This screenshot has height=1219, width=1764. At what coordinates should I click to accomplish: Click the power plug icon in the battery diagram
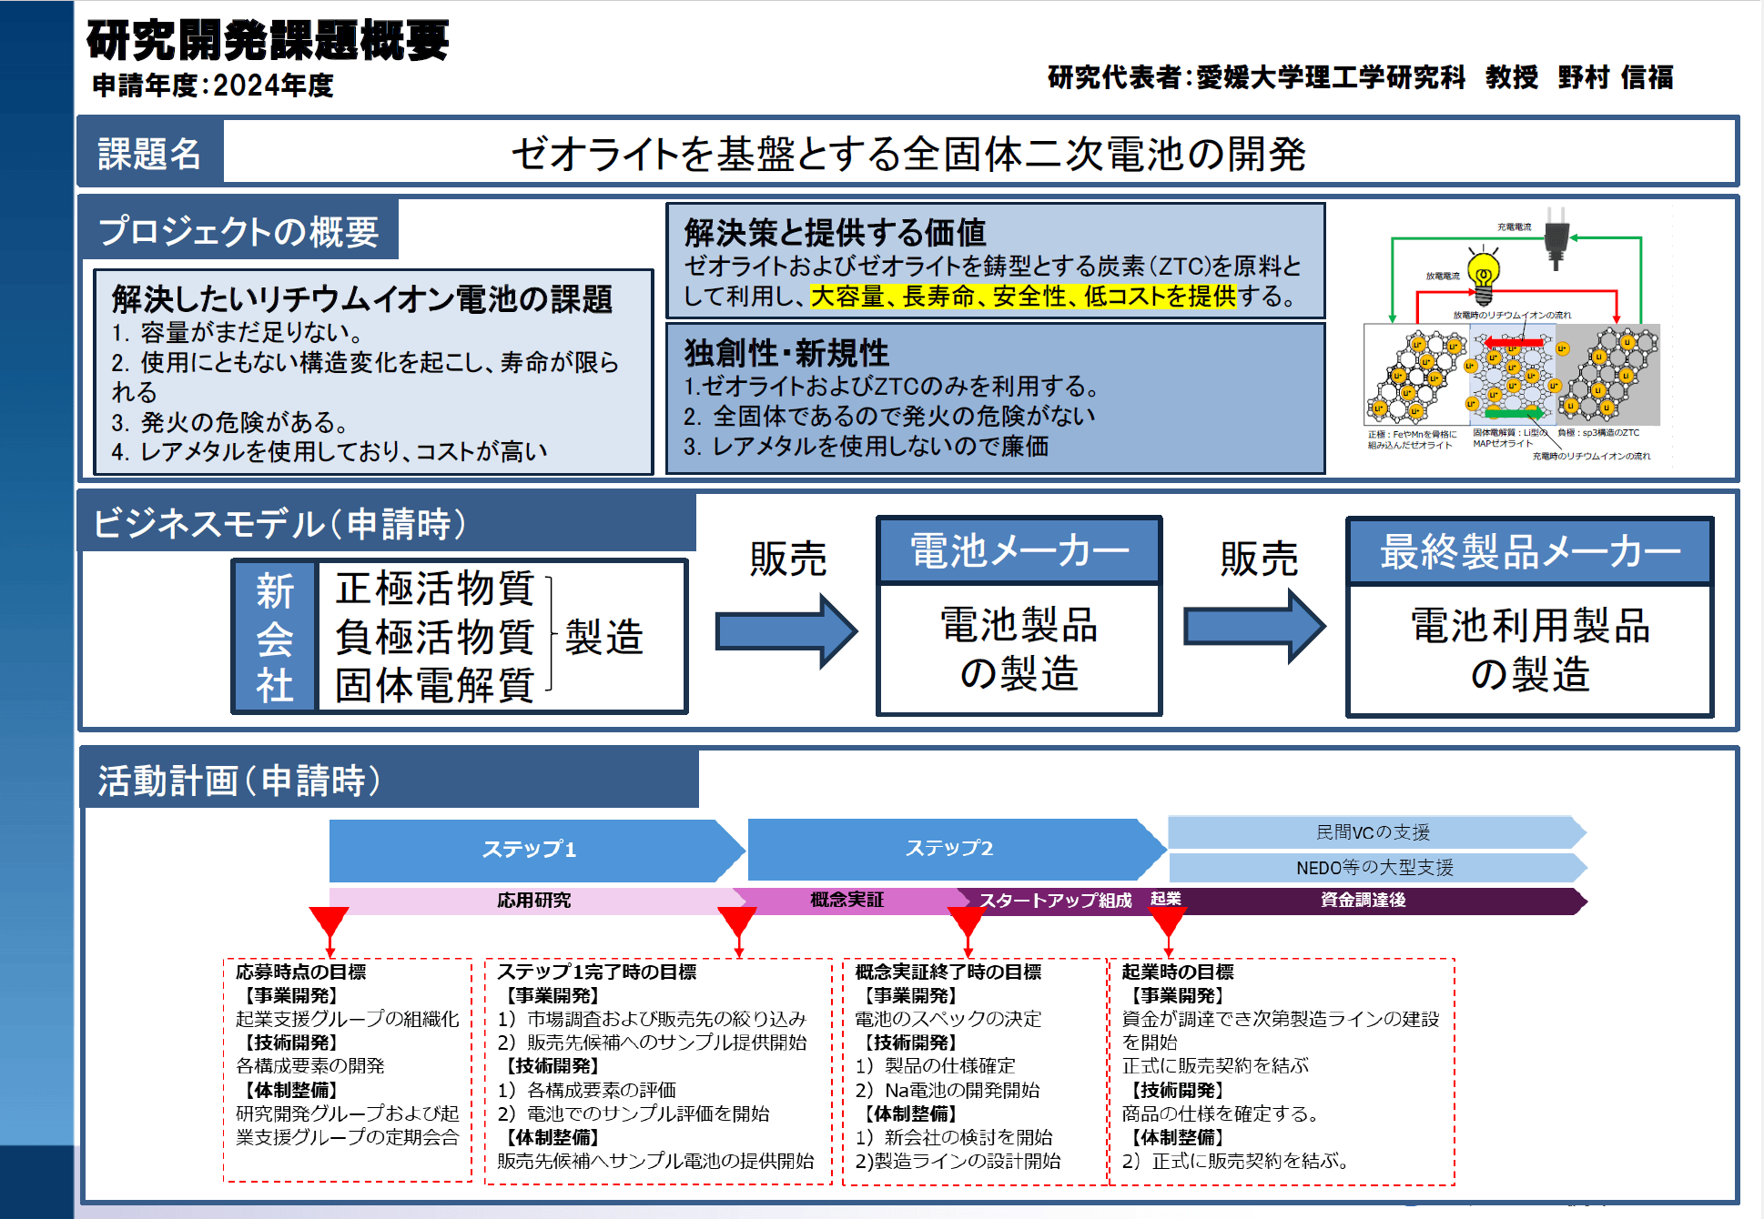(1556, 238)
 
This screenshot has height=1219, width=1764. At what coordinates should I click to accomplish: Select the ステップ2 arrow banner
(950, 849)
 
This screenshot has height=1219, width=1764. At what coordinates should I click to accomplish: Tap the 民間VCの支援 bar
(1374, 832)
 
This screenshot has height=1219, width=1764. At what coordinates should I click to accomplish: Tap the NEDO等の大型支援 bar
(1374, 868)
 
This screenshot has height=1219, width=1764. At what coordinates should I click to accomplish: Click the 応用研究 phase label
(534, 901)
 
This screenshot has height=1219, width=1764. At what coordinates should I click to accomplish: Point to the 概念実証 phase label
(847, 901)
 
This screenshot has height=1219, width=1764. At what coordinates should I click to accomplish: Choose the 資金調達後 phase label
(1363, 901)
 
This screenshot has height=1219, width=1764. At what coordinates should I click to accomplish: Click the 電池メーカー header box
(1019, 551)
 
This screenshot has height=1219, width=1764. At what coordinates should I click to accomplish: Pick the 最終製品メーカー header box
(1529, 552)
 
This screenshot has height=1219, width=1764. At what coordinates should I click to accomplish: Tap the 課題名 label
(149, 154)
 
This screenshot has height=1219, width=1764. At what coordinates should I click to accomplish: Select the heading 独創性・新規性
(786, 353)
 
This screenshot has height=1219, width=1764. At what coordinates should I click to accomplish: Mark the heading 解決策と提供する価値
(835, 233)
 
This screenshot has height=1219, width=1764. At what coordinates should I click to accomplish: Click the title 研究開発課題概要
(268, 41)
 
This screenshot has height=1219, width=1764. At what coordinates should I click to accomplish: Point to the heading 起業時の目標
(1178, 972)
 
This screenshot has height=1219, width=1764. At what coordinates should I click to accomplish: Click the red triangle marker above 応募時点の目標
(329, 922)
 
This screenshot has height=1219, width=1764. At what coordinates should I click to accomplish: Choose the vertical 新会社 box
(275, 637)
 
